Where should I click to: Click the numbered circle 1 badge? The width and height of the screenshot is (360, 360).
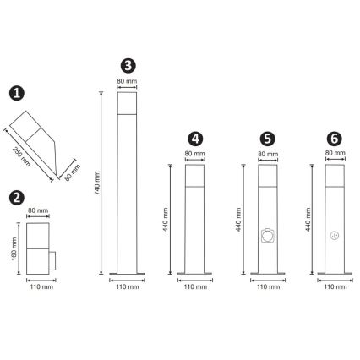17,93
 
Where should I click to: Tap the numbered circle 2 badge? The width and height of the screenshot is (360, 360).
17,198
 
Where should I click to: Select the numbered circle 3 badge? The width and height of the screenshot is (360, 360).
128,66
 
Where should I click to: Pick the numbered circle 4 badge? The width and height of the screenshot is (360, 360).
195,139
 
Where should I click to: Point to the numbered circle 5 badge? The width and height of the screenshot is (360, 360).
268,139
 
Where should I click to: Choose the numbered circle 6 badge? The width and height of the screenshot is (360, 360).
335,139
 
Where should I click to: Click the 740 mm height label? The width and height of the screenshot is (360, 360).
97,183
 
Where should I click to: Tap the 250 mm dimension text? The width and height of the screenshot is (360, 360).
21,156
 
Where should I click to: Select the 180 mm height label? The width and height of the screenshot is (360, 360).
14,248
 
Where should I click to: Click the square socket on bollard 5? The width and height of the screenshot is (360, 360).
268,236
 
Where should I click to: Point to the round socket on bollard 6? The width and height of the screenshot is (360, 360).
335,236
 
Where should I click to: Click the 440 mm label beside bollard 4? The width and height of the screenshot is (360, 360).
166,220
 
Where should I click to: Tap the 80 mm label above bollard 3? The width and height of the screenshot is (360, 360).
127,81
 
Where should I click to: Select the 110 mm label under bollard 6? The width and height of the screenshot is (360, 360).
335,286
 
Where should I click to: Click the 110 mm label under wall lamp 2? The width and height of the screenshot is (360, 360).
41,286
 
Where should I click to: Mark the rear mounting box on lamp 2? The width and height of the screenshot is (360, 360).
52,261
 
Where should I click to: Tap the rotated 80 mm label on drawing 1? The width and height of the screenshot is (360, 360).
73,172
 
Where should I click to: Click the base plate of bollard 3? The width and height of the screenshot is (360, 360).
127,274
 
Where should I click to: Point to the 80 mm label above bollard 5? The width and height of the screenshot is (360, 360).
268,154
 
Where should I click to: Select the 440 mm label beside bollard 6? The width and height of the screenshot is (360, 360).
308,220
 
